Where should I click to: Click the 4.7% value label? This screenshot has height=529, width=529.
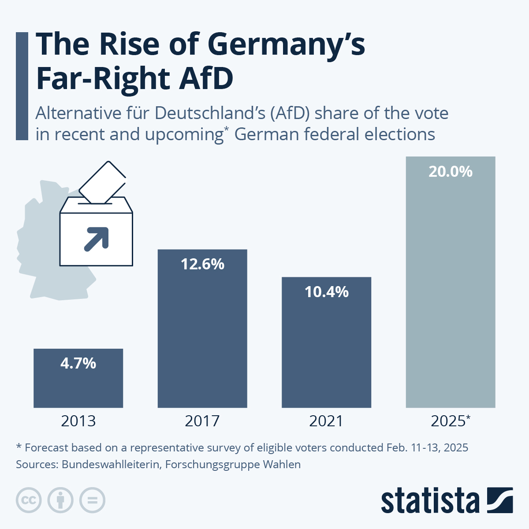(x=78, y=363)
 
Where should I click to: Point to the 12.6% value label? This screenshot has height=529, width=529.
(x=202, y=264)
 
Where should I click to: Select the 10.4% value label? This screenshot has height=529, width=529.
(x=326, y=292)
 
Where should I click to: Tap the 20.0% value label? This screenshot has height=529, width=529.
(x=450, y=171)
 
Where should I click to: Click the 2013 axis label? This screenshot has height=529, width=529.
(x=78, y=421)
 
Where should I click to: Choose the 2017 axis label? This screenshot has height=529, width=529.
(x=202, y=421)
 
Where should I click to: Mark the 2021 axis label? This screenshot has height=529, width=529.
(x=326, y=421)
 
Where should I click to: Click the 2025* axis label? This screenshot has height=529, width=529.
(x=450, y=421)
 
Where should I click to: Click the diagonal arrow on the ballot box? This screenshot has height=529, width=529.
(x=97, y=239)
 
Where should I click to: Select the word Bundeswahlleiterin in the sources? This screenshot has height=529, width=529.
(x=110, y=464)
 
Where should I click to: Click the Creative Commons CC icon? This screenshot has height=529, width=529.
(x=29, y=500)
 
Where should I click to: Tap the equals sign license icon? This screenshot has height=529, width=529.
(x=92, y=500)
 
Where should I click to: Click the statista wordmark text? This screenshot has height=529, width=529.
(x=430, y=501)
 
